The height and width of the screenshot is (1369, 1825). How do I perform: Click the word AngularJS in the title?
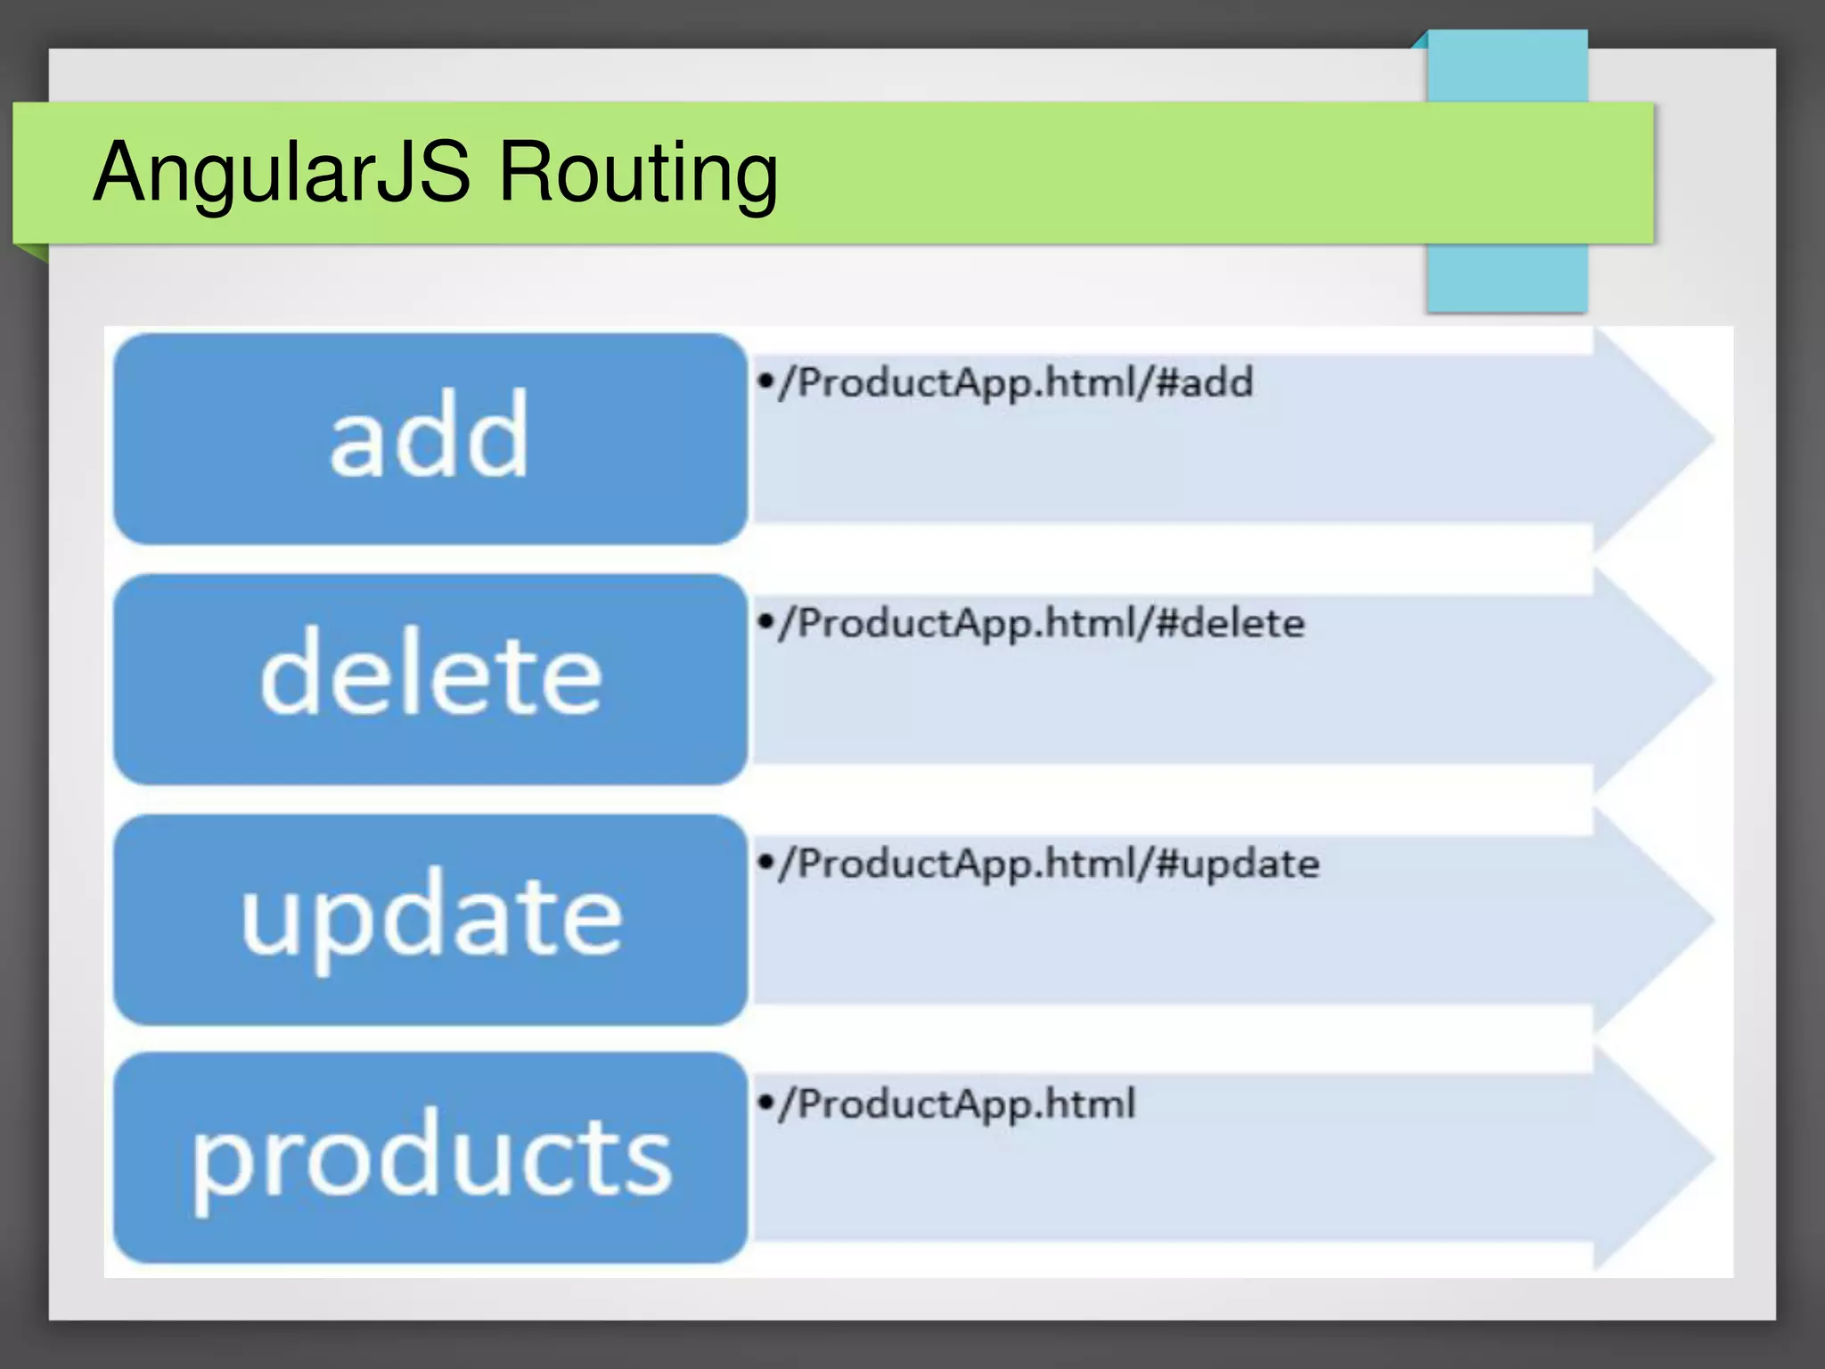281,172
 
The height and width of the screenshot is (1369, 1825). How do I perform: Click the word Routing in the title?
637,172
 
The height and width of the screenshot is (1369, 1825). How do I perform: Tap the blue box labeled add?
430,439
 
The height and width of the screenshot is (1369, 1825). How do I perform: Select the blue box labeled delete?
430,679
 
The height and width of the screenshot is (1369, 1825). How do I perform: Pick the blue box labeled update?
430,919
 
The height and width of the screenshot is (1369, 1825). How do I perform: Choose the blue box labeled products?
430,1158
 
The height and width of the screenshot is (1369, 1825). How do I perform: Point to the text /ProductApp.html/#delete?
1040,623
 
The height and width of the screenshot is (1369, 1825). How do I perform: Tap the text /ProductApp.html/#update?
1048,864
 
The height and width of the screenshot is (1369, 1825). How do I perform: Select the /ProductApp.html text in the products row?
956,1104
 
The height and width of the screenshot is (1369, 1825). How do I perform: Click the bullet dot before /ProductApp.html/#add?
765,381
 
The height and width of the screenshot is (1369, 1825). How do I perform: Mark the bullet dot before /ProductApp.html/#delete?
765,621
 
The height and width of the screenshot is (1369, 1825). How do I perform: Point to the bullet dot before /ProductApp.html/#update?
765,862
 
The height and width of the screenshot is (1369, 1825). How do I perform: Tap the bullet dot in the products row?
765,1103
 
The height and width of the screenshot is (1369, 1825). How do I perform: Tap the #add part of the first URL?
1204,382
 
